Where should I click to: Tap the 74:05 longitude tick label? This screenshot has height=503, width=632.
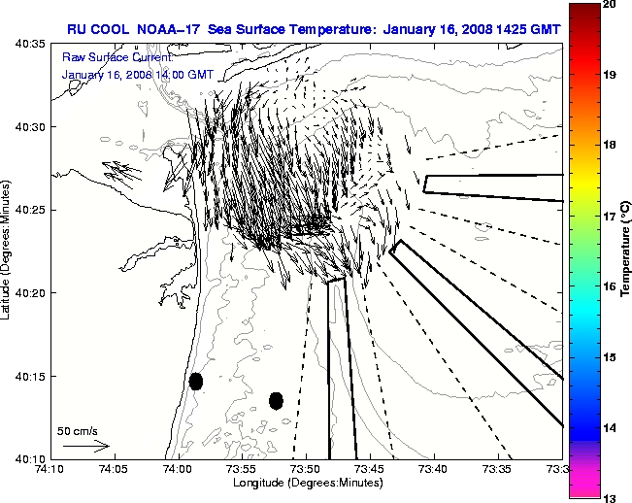pyautogui.click(x=114, y=469)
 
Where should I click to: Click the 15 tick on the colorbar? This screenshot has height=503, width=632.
pyautogui.click(x=611, y=358)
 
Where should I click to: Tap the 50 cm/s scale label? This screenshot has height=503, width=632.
pyautogui.click(x=78, y=430)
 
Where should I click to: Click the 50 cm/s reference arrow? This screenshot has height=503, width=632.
pyautogui.click(x=85, y=447)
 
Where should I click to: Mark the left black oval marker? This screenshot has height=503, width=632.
pyautogui.click(x=196, y=381)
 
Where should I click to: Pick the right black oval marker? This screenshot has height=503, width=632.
pyautogui.click(x=276, y=400)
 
